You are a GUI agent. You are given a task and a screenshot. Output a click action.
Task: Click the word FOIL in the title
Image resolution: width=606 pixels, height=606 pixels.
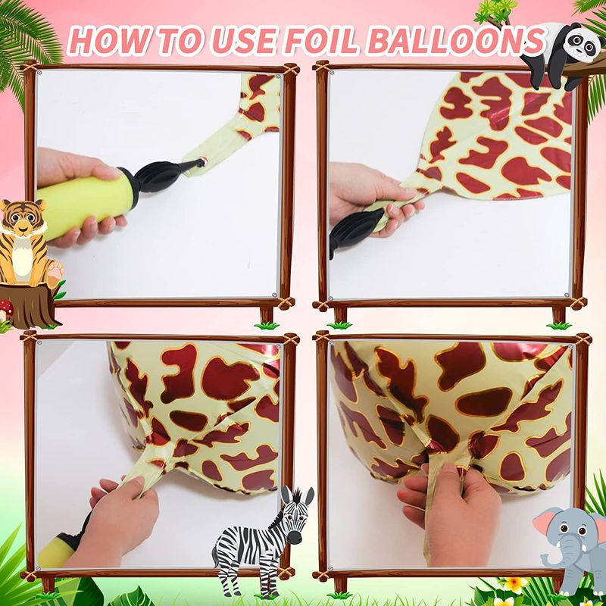point(321,40)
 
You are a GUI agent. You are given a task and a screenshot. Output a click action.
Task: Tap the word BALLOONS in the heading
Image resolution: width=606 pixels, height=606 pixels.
point(456,39)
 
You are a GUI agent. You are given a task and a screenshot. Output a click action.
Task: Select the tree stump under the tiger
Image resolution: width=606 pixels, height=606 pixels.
point(29,305)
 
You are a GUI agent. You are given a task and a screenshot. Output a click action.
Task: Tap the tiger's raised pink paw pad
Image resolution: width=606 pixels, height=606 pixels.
point(55,270)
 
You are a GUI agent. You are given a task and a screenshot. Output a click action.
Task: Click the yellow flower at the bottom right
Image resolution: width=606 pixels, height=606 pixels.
point(516,583)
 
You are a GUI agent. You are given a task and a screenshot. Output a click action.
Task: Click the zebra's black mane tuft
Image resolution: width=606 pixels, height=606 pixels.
point(297,495)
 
